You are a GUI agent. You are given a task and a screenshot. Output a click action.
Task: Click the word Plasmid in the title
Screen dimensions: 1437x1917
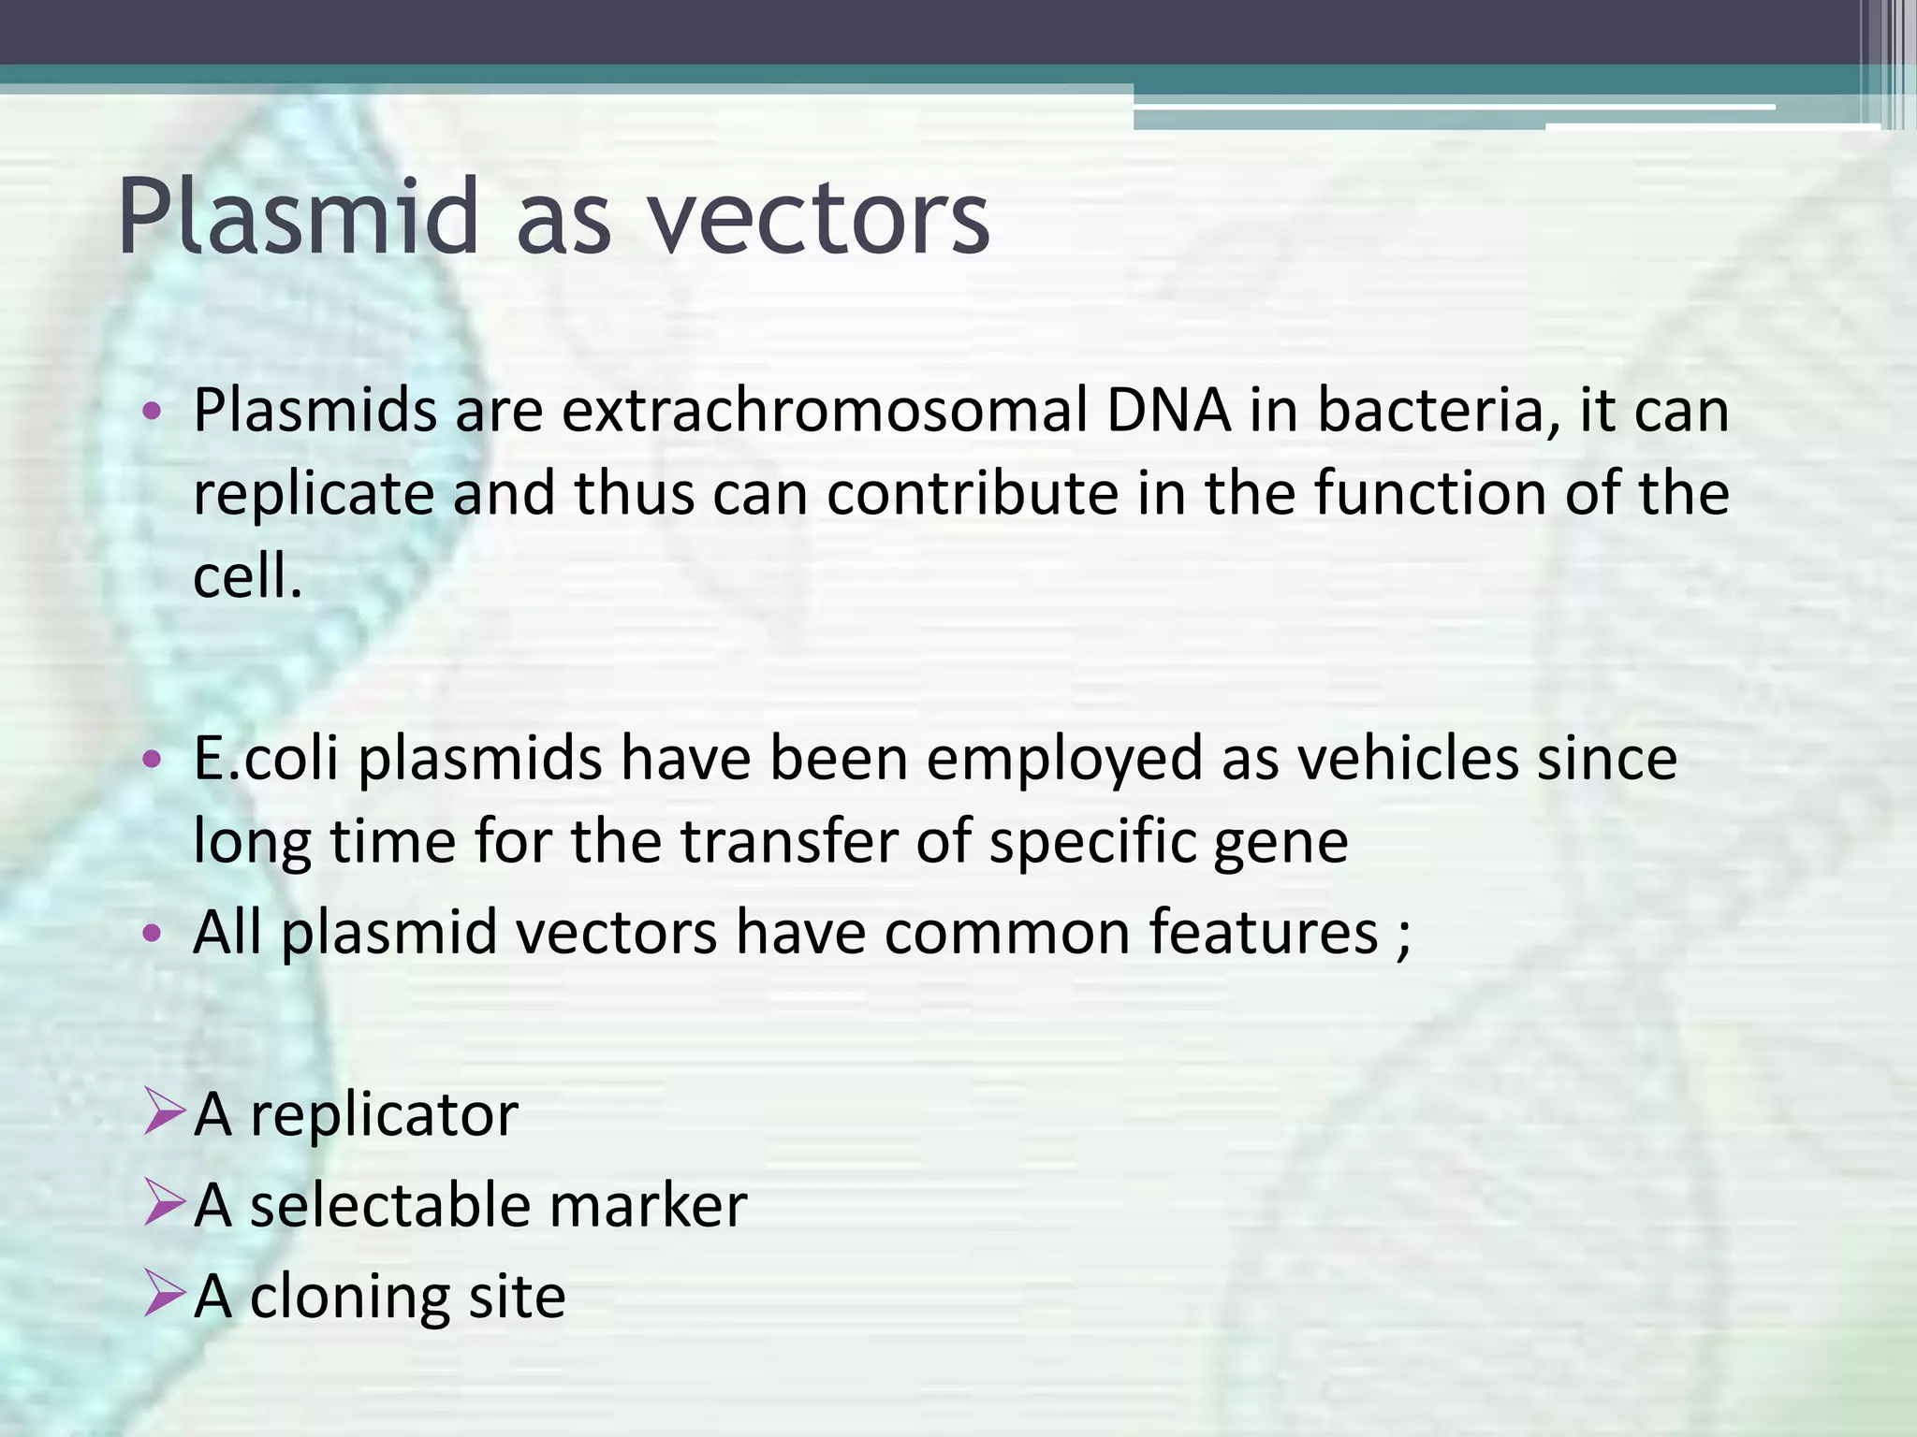point(298,217)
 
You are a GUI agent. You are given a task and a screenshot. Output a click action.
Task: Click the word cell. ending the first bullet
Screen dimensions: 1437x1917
point(247,575)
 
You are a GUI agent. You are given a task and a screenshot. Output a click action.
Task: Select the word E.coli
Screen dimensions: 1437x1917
point(265,759)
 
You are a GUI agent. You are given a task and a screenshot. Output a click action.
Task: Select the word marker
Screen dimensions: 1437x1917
point(648,1205)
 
